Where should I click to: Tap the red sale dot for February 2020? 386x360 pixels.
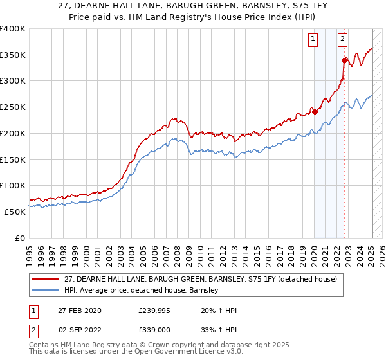[x=315, y=112]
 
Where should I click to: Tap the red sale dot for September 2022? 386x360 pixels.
[x=344, y=60]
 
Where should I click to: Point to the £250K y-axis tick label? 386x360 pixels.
[x=12, y=107]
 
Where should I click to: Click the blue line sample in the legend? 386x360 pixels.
[x=46, y=291]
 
